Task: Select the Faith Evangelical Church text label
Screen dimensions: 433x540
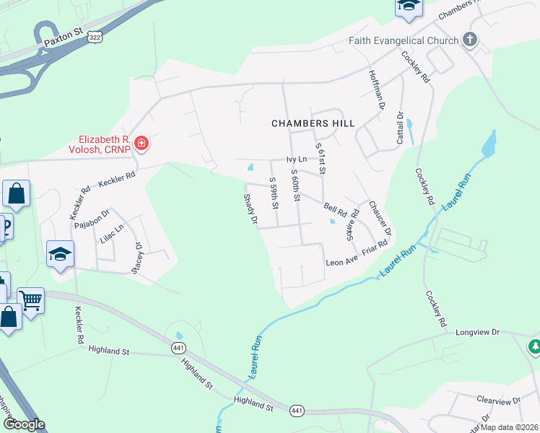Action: (404, 40)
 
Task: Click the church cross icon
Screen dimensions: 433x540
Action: (470, 40)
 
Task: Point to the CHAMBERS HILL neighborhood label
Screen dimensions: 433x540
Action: (313, 123)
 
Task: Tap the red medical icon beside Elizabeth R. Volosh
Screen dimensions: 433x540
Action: (141, 143)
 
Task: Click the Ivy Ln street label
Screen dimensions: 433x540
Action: (297, 159)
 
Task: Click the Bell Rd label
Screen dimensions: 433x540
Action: (335, 209)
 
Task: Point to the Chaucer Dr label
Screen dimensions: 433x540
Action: (379, 218)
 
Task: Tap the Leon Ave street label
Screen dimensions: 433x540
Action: (341, 263)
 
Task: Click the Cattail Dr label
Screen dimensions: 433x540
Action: (399, 128)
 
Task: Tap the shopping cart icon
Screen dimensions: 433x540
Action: (31, 299)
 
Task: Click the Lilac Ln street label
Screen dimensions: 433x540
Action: (112, 237)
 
